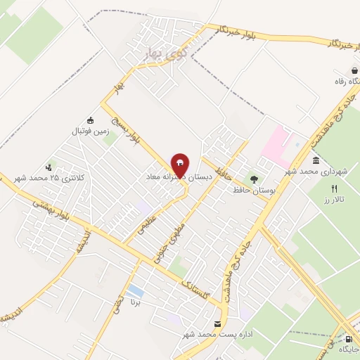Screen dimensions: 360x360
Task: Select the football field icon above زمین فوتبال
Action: pyautogui.click(x=89, y=120)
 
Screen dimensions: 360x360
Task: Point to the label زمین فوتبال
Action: pyautogui.click(x=88, y=131)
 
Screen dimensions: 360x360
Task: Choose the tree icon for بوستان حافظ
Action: pyautogui.click(x=254, y=179)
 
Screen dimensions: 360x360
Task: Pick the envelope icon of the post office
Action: pyautogui.click(x=216, y=324)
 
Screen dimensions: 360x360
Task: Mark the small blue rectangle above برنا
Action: pyautogui.click(x=135, y=291)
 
